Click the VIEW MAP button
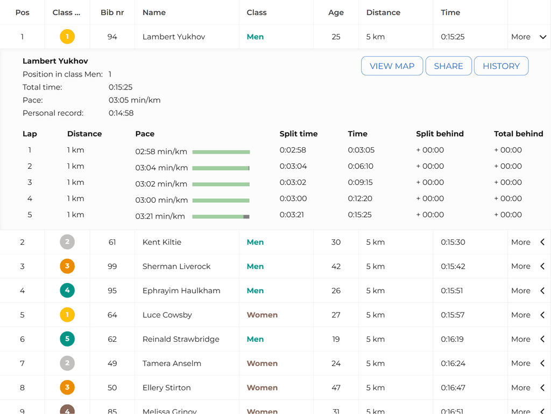(x=392, y=66)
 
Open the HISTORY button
(x=501, y=66)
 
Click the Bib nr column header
(x=112, y=12)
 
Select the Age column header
(x=336, y=12)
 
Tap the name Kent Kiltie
(x=162, y=242)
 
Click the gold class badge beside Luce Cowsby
(x=67, y=315)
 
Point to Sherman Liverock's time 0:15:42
(x=453, y=266)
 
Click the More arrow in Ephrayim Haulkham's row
(x=542, y=291)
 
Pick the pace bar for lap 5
(x=221, y=217)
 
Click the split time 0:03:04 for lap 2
(x=293, y=166)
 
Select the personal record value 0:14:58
(x=121, y=113)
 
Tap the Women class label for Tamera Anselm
(x=262, y=363)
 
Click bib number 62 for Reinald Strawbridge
(x=112, y=339)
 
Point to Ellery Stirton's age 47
(x=336, y=388)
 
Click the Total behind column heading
(x=518, y=134)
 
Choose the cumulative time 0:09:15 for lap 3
(x=360, y=182)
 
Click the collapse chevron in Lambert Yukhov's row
(x=542, y=37)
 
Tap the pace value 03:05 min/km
(x=135, y=100)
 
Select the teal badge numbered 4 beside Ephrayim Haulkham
(x=67, y=291)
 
